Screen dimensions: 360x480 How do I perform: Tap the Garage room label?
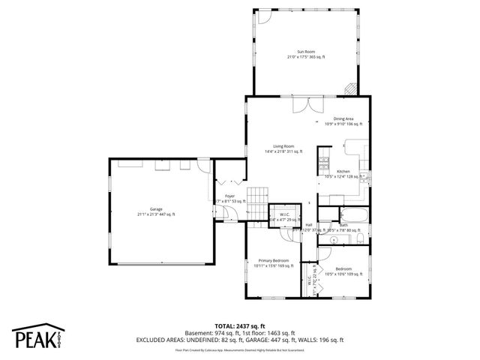[156, 211]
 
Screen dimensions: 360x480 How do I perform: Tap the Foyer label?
[229, 198]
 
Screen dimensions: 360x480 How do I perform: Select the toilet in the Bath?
[361, 238]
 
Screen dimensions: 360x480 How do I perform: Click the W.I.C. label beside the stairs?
[285, 217]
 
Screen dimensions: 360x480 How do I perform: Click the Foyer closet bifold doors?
[229, 182]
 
